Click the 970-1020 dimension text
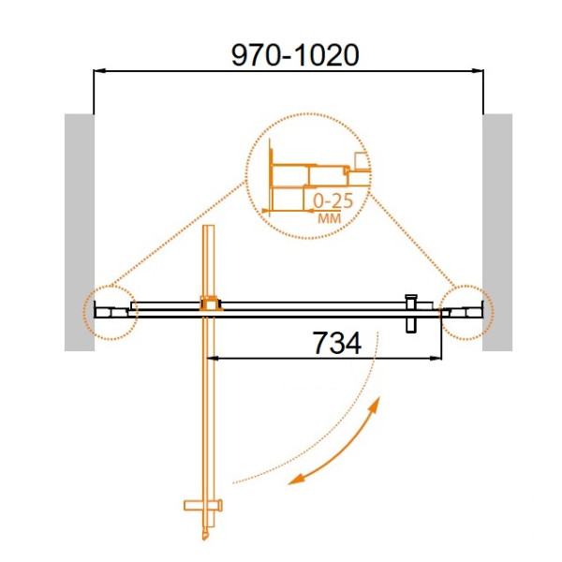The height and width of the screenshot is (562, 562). [295, 55]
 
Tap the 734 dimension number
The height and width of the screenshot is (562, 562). [337, 343]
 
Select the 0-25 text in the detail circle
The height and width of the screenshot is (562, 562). [333, 200]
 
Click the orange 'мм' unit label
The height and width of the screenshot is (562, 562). [330, 218]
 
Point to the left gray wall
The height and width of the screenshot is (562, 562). [80, 232]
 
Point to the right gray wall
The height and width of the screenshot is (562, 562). [497, 232]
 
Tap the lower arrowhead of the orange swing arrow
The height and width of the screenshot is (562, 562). [296, 480]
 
